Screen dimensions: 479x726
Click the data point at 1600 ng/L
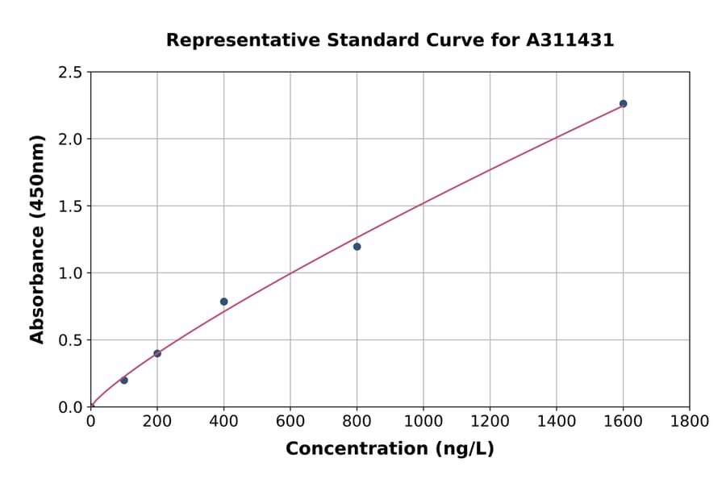pos(623,104)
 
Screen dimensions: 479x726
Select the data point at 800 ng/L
pos(357,247)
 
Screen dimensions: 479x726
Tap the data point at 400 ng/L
pos(223,302)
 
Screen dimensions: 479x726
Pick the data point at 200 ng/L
pos(157,353)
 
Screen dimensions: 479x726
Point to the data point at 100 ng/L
pos(123,380)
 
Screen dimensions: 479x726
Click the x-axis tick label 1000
pos(423,421)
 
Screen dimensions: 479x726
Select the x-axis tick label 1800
pos(689,421)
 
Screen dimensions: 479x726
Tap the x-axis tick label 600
pos(290,421)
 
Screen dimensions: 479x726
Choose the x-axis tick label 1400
pos(557,421)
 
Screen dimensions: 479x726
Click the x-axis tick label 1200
pos(490,421)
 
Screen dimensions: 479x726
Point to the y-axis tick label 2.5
pos(70,73)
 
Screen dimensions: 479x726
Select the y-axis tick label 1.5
pos(70,206)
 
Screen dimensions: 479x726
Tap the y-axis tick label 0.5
pos(70,340)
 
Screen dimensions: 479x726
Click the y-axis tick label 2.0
pos(70,140)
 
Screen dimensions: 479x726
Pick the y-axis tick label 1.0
pos(70,273)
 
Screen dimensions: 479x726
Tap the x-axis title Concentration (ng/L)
pos(390,449)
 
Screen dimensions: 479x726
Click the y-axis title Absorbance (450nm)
pos(37,239)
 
